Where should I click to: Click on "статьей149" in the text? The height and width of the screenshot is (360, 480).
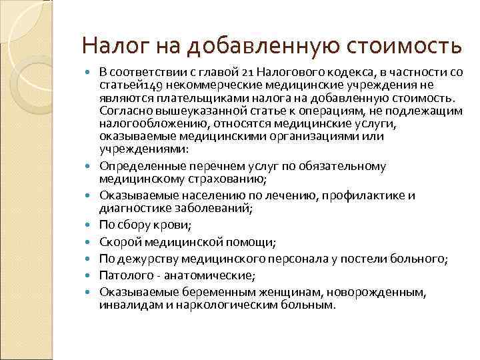pyautogui.click(x=127, y=85)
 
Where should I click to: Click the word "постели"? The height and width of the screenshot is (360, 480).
pyautogui.click(x=350, y=258)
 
